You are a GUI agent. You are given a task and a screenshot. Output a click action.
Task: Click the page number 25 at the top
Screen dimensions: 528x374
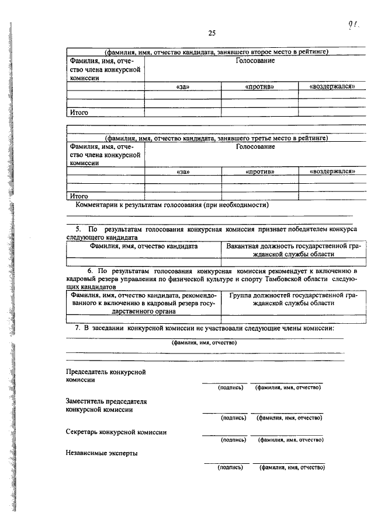[x=212, y=32]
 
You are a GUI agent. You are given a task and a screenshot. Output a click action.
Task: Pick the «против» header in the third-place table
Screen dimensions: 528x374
[x=259, y=172]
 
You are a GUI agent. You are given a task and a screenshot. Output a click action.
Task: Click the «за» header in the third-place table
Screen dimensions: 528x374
[x=183, y=172]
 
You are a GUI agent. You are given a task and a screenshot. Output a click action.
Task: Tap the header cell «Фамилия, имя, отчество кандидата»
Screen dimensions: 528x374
[x=144, y=247]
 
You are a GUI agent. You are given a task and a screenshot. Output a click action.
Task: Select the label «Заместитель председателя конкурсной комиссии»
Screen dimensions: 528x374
[x=106, y=405]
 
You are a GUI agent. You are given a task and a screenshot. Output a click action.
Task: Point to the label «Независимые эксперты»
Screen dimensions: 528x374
[x=102, y=453]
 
